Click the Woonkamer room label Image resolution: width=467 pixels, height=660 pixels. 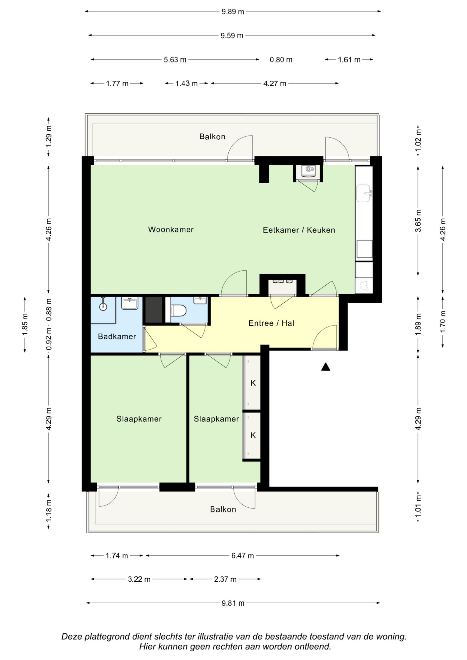pos(171,230)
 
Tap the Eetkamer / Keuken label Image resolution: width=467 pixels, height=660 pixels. pos(299,230)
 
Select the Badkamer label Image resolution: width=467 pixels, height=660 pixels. pos(117,336)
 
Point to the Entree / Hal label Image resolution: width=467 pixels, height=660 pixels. pos(271,323)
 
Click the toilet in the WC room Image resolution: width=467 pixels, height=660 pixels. pos(179,311)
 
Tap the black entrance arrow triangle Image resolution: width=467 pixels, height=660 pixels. pos(325,367)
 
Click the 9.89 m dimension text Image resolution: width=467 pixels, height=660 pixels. pos(233,12)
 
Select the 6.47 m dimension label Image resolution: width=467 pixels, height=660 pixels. pos(243,556)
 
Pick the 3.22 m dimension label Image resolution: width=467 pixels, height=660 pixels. pos(139,579)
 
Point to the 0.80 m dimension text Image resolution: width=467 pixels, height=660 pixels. pos(281,60)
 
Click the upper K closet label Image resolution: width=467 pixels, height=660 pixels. pos(253,383)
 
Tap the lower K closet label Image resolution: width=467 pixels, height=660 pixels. pos(253,435)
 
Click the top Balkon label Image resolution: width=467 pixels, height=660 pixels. pos(212,136)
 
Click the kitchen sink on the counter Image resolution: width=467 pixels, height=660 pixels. pos(364,193)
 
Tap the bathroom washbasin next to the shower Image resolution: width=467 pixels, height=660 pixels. pos(130,304)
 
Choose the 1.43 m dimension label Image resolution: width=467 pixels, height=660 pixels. pos(187,83)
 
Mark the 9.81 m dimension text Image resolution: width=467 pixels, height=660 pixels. pos(233,603)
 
